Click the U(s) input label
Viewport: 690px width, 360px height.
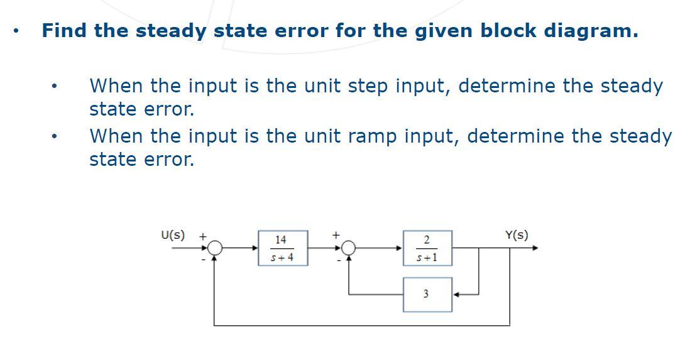click(x=173, y=236)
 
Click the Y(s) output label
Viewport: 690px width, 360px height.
click(x=516, y=236)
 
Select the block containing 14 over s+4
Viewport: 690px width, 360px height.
click(x=282, y=248)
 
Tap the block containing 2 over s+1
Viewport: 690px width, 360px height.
click(x=427, y=248)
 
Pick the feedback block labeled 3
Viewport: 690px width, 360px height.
click(x=427, y=294)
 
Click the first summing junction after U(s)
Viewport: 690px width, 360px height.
click(x=215, y=248)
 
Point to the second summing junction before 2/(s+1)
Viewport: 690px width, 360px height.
click(x=349, y=248)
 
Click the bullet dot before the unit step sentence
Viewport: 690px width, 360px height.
click(x=57, y=86)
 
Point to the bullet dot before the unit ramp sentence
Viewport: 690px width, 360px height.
click(x=57, y=136)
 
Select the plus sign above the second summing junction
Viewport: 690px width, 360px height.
click(x=336, y=235)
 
